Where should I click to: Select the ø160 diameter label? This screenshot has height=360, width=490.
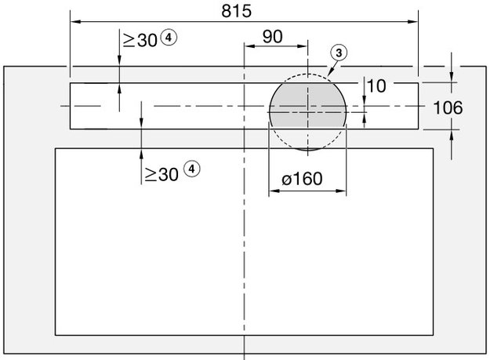[301, 179]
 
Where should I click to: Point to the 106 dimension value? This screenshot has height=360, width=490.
[448, 107]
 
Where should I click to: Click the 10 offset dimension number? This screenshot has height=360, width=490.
[376, 86]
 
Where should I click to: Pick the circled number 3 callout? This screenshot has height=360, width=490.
[338, 53]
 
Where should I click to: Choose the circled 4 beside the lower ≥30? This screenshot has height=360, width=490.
[192, 169]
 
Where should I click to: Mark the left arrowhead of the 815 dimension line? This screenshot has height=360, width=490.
[74, 21]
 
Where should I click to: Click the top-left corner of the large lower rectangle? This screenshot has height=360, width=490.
[55, 148]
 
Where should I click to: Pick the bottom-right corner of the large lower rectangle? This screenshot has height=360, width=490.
[433, 335]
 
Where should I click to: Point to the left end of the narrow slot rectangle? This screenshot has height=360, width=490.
[71, 106]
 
